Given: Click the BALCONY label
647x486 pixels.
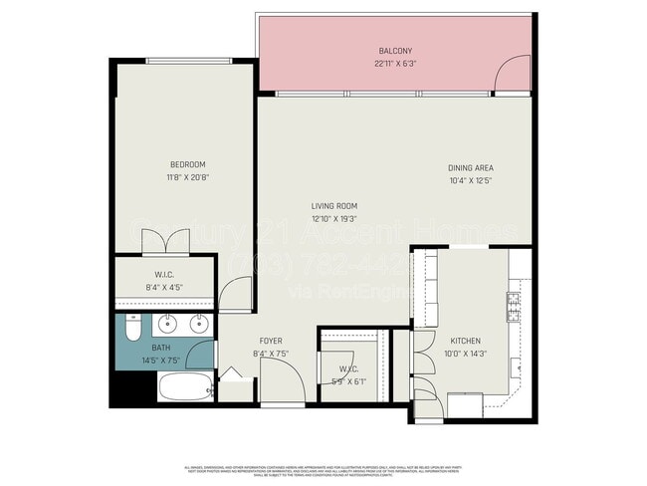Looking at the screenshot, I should click(395, 51).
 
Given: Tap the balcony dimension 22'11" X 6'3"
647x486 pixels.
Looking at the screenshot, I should click(395, 63).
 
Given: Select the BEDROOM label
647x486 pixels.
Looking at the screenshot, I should click(187, 164).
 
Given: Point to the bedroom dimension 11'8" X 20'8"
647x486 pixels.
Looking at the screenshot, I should click(187, 177).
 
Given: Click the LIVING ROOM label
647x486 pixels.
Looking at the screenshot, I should click(333, 206).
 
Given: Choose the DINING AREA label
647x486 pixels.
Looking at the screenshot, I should click(471, 168).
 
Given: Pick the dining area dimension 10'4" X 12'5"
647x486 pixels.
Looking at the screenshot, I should click(471, 180).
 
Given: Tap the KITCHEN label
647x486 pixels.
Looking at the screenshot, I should click(465, 340).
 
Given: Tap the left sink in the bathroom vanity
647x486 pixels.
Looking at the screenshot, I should click(167, 323).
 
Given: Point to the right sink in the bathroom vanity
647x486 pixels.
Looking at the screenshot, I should click(198, 323).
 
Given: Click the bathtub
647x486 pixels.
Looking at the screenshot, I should click(184, 387).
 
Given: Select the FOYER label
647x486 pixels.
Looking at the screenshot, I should click(272, 340).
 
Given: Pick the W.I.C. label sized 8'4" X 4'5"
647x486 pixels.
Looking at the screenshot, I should click(165, 275).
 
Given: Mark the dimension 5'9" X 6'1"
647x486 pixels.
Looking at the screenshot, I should click(352, 380).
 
